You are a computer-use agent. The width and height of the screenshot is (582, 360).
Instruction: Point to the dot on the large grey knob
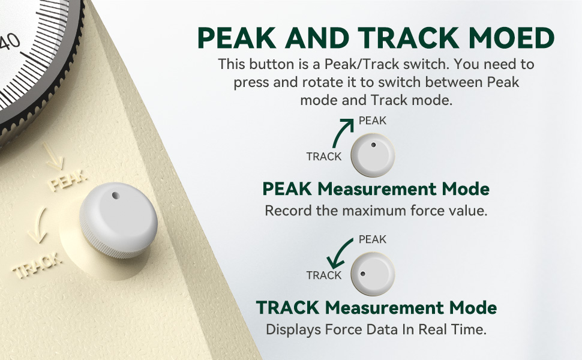[115, 196]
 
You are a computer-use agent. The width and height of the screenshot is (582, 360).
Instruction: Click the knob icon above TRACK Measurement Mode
[373, 274]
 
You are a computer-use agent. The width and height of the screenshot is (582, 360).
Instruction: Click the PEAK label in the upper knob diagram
[373, 121]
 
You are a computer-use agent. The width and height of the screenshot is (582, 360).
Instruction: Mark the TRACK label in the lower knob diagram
[323, 275]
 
